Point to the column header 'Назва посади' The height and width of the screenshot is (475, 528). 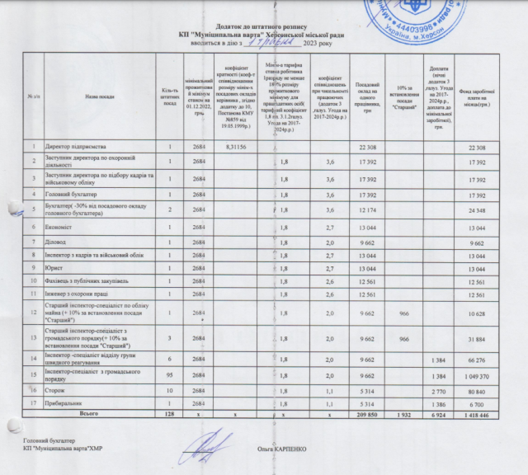(100, 96)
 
